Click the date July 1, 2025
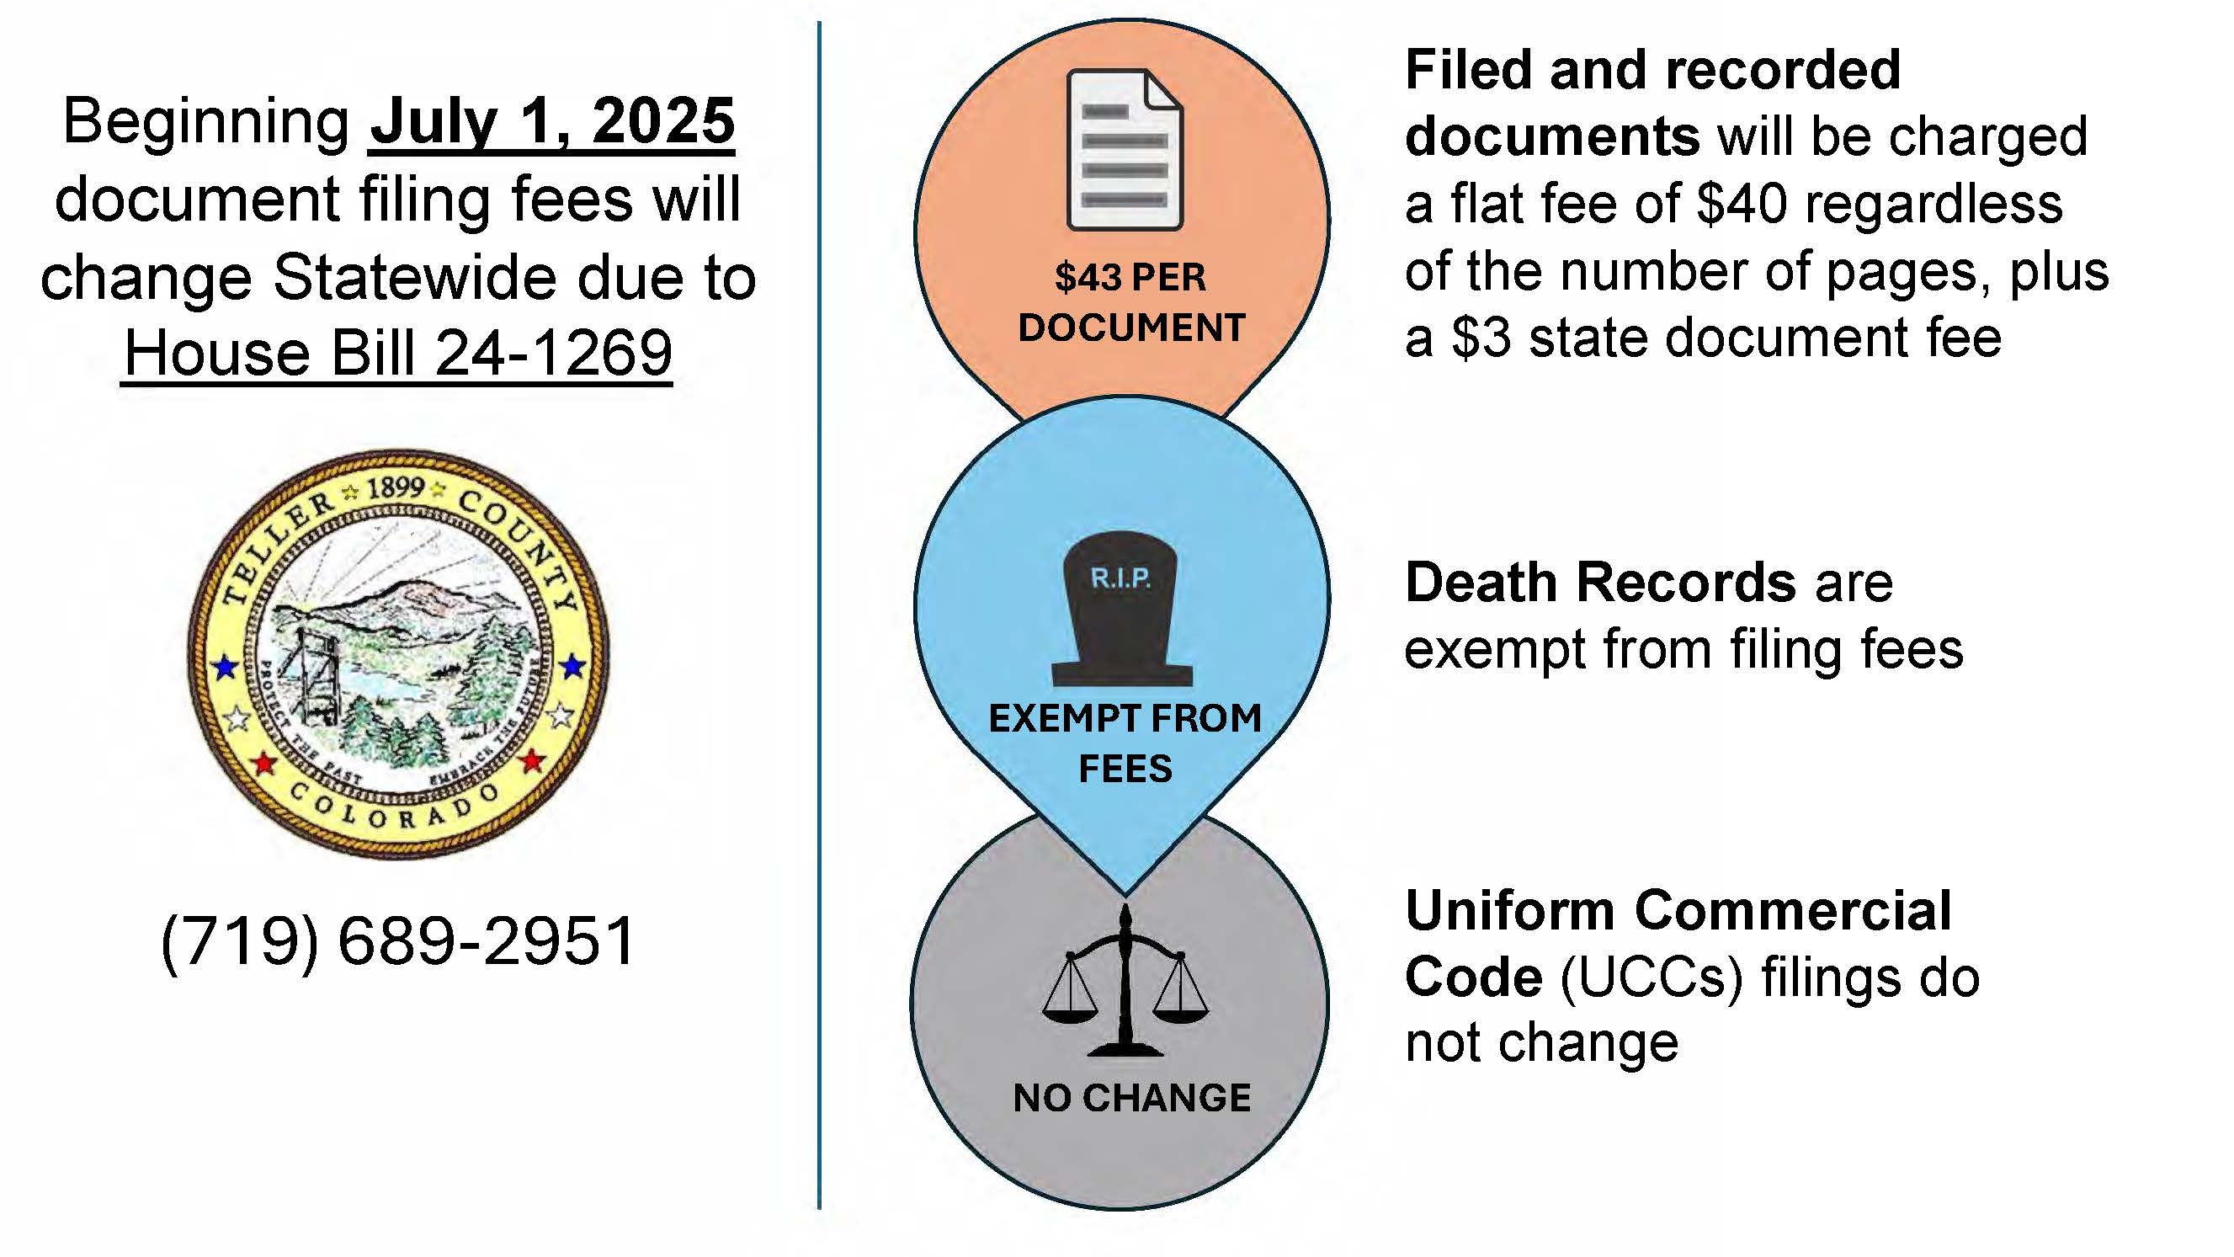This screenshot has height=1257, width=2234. pyautogui.click(x=551, y=121)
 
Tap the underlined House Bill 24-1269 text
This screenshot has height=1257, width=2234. pyautogui.click(x=397, y=353)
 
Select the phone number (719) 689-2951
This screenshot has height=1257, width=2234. pyautogui.click(x=398, y=940)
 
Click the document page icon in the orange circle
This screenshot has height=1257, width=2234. pyautogui.click(x=1125, y=150)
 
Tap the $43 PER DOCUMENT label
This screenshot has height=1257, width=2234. pyautogui.click(x=1130, y=303)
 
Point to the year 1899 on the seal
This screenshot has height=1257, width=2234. pyautogui.click(x=395, y=488)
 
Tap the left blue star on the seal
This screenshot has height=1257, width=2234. pyautogui.click(x=226, y=667)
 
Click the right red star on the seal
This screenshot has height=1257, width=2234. pyautogui.click(x=532, y=761)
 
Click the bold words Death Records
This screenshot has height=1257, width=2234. pyautogui.click(x=1600, y=582)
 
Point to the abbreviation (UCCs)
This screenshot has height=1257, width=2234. pyautogui.click(x=1652, y=977)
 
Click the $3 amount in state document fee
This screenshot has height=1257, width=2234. pyautogui.click(x=1481, y=338)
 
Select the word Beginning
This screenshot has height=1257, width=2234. pyautogui.click(x=206, y=121)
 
